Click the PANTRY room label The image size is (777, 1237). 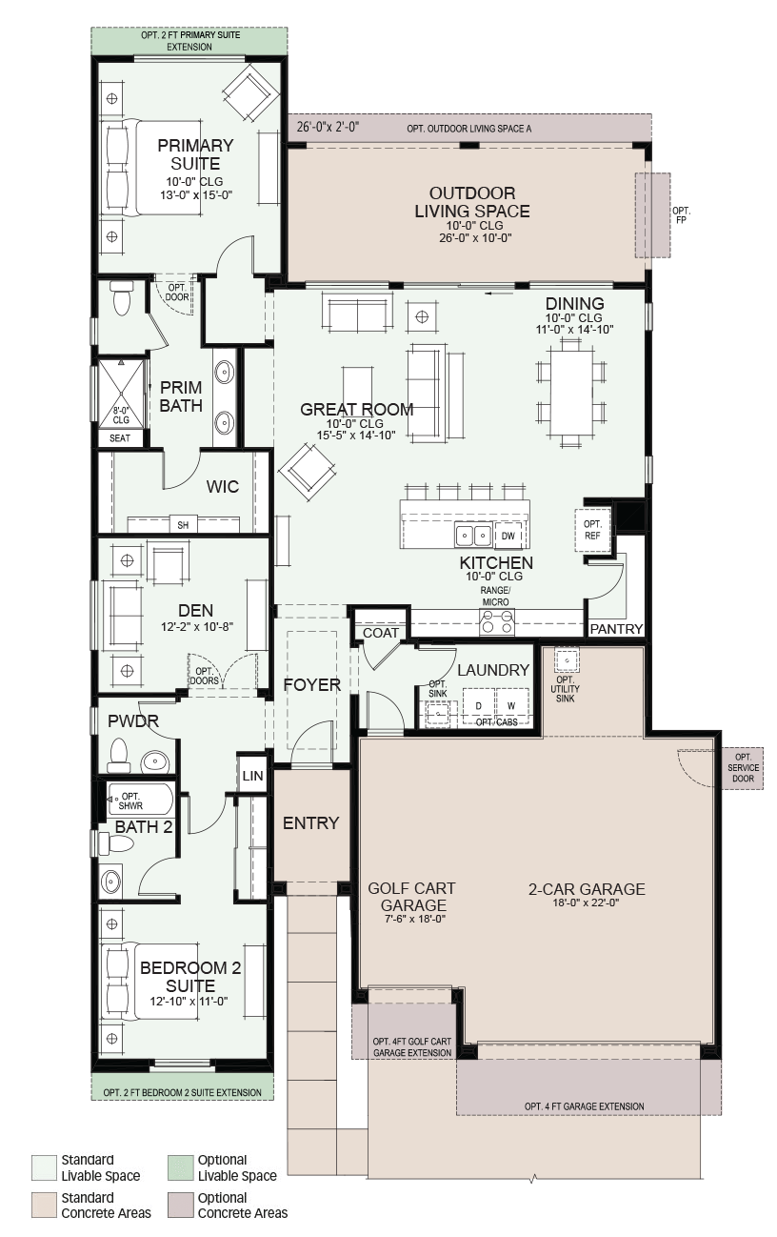point(616,628)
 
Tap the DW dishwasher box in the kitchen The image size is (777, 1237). point(508,536)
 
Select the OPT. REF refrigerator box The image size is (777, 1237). point(592,530)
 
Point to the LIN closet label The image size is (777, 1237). point(252,776)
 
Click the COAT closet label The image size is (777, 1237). point(381,633)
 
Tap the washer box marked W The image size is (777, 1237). point(512,706)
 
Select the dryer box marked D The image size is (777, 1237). point(478,706)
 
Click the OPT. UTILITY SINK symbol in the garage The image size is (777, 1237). point(566,660)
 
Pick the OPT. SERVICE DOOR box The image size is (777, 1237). point(742,768)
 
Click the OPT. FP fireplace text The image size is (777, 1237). point(681,215)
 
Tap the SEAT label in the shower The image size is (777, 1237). point(120,438)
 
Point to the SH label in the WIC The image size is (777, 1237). point(183,525)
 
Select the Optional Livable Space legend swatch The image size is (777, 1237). point(181,1168)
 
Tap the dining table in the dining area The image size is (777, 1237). point(571,393)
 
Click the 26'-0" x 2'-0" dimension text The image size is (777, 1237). point(328,127)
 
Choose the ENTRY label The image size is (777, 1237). point(310,822)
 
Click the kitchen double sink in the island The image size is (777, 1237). point(473,535)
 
